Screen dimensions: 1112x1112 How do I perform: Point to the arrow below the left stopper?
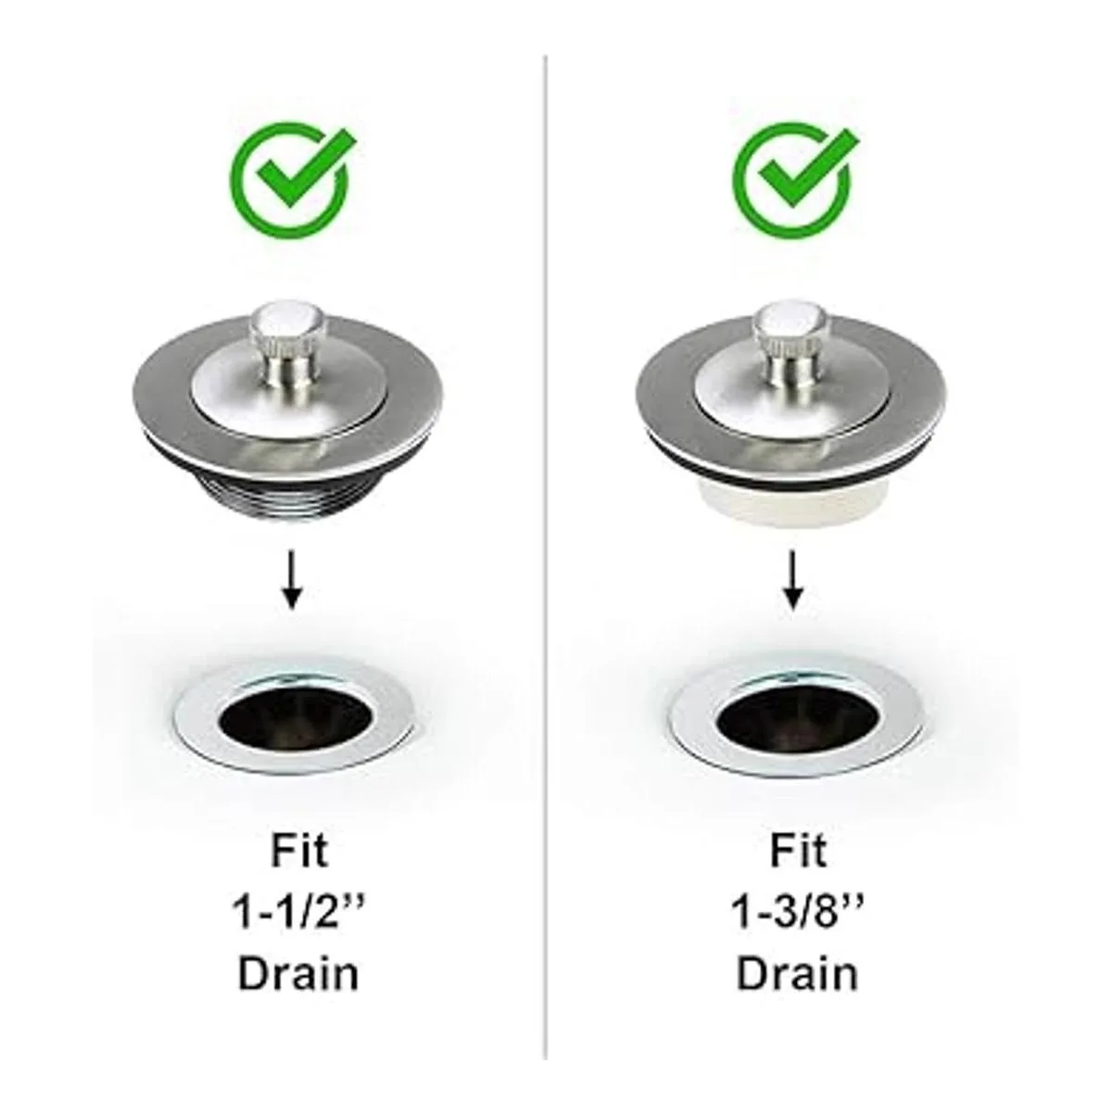[x=293, y=579]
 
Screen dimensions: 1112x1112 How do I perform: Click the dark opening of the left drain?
[x=295, y=718]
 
